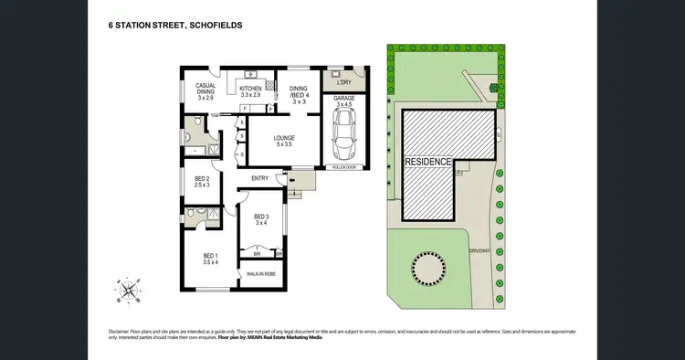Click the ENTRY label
[x=259, y=178]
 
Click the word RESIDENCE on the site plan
[x=428, y=162]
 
